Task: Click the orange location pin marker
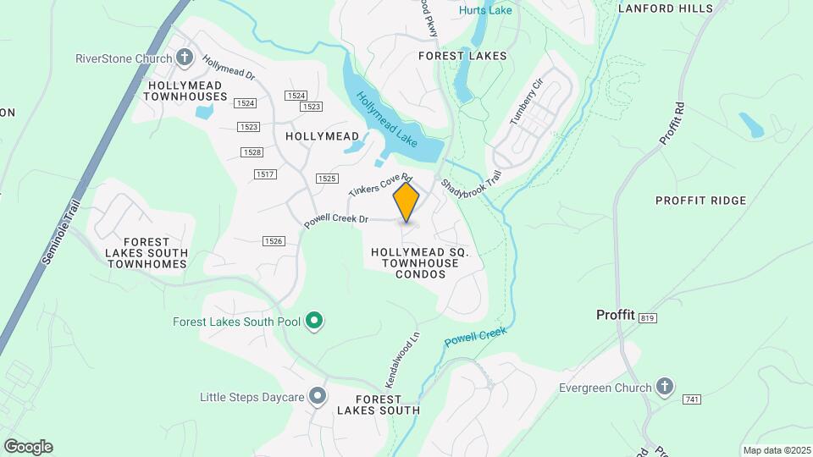406,201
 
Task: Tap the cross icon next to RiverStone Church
185,58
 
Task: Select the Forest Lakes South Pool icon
314,321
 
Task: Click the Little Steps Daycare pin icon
318,395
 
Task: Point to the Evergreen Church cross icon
665,388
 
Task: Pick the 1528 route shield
252,151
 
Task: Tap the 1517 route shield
265,173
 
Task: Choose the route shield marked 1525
327,178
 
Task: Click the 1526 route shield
273,241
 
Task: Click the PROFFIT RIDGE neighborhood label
701,201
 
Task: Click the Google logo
28,447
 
